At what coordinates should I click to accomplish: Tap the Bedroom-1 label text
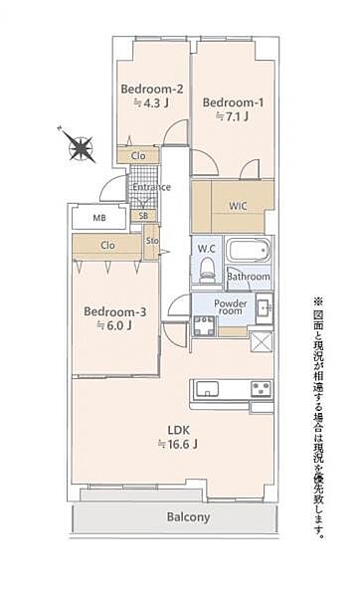[x=231, y=101]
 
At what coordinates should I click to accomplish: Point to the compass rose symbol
[x=81, y=149]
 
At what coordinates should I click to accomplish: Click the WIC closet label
[x=239, y=206]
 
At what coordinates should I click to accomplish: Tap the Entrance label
[x=151, y=187]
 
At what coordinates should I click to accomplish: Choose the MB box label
[x=100, y=218]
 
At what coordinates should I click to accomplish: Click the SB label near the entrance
[x=144, y=216]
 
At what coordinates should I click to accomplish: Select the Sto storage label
[x=152, y=240]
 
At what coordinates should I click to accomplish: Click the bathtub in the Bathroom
[x=249, y=251]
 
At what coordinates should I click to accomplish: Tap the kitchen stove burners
[x=261, y=387]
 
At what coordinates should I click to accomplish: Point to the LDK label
[x=178, y=431]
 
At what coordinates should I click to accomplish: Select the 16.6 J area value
[x=178, y=446]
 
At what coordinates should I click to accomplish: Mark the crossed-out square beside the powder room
[x=262, y=341]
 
